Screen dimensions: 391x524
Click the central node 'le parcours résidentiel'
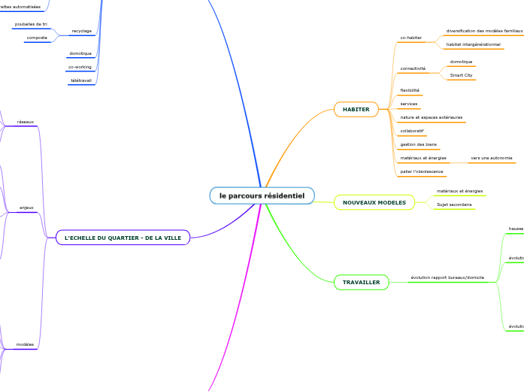pyautogui.click(x=262, y=195)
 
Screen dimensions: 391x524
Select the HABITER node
pyautogui.click(x=356, y=110)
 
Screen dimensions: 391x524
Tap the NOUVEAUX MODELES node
pyautogui.click(x=374, y=202)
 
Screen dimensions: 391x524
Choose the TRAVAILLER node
pyautogui.click(x=361, y=283)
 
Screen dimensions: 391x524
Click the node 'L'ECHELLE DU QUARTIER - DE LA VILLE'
pyautogui.click(x=123, y=238)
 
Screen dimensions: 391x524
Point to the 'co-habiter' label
pyautogui.click(x=410, y=38)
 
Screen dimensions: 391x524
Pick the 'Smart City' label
pyautogui.click(x=461, y=75)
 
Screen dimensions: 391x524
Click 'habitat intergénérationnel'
pyautogui.click(x=474, y=45)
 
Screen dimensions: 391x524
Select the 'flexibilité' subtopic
pyautogui.click(x=410, y=90)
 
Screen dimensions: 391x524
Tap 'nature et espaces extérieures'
pyautogui.click(x=432, y=117)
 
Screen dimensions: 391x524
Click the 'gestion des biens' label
pyautogui.click(x=418, y=144)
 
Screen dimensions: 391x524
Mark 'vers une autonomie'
pyautogui.click(x=491, y=158)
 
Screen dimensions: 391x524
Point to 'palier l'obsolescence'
pyautogui.click(x=422, y=171)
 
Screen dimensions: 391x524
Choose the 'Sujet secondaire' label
pyautogui.click(x=454, y=205)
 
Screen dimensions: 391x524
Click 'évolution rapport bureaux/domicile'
pyautogui.click(x=447, y=277)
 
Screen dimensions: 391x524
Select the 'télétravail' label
pyautogui.click(x=80, y=80)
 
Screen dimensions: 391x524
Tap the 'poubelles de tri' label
pyautogui.click(x=31, y=24)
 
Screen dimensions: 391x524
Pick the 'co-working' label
pyautogui.click(x=80, y=67)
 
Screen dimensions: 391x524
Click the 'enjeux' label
pyautogui.click(x=26, y=208)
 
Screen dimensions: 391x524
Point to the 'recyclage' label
pyautogui.click(x=81, y=32)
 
